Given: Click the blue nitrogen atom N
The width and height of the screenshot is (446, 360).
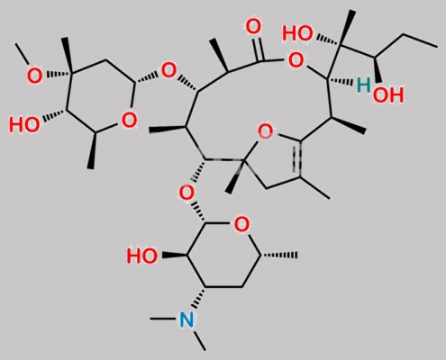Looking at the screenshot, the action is pyautogui.click(x=187, y=319).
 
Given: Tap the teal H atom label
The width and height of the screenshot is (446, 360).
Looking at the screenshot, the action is pyautogui.click(x=364, y=85).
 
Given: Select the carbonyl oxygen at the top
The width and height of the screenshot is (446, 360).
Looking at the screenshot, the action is pyautogui.click(x=253, y=26).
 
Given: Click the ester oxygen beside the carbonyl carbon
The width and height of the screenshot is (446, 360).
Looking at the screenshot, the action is pyautogui.click(x=296, y=60).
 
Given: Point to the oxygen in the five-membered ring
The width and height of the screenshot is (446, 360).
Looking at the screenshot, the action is pyautogui.click(x=266, y=131).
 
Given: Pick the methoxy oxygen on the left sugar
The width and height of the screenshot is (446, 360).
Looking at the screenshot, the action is pyautogui.click(x=34, y=76).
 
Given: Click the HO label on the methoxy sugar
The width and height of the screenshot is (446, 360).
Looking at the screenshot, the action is pyautogui.click(x=24, y=124).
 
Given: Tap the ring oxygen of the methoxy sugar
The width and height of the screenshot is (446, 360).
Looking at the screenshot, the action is pyautogui.click(x=129, y=120).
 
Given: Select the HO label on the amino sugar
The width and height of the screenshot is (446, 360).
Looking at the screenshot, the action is pyautogui.click(x=141, y=256).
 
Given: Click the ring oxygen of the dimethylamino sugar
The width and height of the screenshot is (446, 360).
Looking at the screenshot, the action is pyautogui.click(x=241, y=224).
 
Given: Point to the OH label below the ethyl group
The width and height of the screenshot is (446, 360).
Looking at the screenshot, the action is pyautogui.click(x=388, y=95).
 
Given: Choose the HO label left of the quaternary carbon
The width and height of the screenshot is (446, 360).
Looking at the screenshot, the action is pyautogui.click(x=298, y=33).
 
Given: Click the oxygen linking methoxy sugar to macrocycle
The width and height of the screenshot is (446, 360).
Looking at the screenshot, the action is pyautogui.click(x=168, y=71).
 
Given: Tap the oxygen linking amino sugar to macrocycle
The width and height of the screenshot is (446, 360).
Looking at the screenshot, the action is pyautogui.click(x=187, y=193).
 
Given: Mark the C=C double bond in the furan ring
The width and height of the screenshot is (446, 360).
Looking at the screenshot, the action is pyautogui.click(x=298, y=158).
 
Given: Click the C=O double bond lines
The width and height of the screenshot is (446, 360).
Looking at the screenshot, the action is pyautogui.click(x=259, y=48).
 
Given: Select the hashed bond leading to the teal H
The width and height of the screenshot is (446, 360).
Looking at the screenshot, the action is pyautogui.click(x=340, y=81).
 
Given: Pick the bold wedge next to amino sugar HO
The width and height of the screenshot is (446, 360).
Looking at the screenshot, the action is pyautogui.click(x=175, y=256).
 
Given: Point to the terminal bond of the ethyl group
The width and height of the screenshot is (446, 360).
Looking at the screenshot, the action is pyautogui.click(x=421, y=40).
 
